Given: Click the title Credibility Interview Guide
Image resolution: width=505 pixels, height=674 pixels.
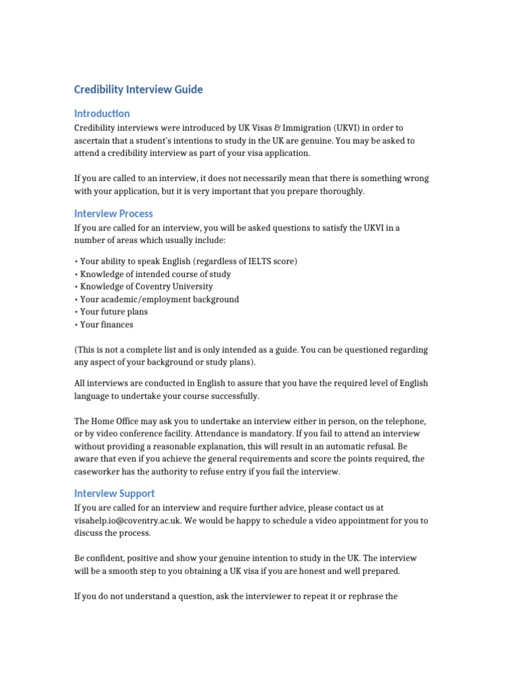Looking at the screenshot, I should (139, 90).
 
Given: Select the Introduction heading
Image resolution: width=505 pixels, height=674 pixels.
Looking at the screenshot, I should (102, 113).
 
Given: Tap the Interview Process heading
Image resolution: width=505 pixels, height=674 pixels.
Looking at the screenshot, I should (114, 213).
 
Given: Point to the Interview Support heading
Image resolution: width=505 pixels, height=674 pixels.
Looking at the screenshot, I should (114, 493).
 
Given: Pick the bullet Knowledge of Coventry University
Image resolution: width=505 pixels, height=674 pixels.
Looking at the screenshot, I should (146, 286).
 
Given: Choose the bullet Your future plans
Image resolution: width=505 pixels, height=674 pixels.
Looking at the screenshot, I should (114, 311).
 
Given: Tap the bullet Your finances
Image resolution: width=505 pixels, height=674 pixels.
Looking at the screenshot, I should (107, 324).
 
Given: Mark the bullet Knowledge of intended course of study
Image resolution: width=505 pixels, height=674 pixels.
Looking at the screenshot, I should (155, 274).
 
